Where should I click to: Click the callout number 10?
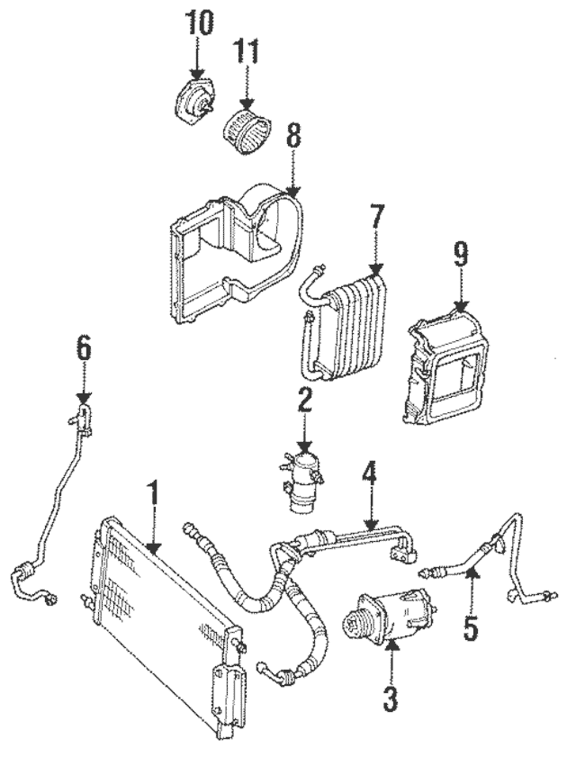click(x=197, y=23)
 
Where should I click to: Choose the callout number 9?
click(x=461, y=255)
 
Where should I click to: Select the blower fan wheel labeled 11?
click(x=247, y=131)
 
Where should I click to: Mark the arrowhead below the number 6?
click(x=84, y=398)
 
